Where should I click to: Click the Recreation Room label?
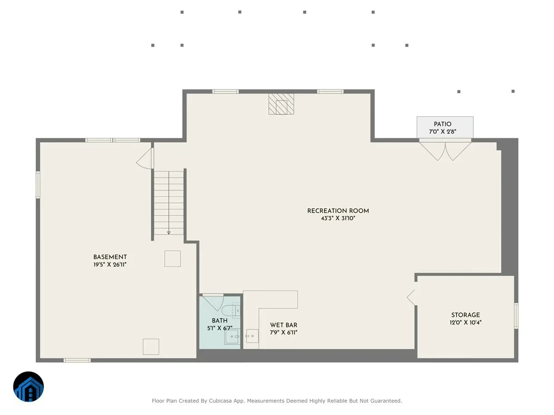coord(337,211)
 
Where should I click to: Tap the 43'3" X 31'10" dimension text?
coord(337,218)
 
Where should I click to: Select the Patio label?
coord(442,124)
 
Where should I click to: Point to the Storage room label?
coord(465,315)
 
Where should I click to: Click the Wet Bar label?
coord(283,325)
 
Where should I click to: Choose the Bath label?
coord(220,321)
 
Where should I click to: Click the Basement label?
coord(110,257)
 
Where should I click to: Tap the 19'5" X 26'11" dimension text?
coord(110,265)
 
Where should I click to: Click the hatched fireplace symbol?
coord(281,104)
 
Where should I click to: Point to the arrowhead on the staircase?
coord(169,233)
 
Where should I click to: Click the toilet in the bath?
coord(231,311)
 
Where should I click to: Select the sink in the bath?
coord(232,337)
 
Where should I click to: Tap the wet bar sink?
coord(253,336)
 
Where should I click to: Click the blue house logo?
coord(29,386)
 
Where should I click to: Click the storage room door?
coord(411,297)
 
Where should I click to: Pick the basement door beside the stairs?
coord(145,158)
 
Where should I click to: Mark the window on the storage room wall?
coord(516,316)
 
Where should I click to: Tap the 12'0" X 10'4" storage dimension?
coord(465,322)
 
